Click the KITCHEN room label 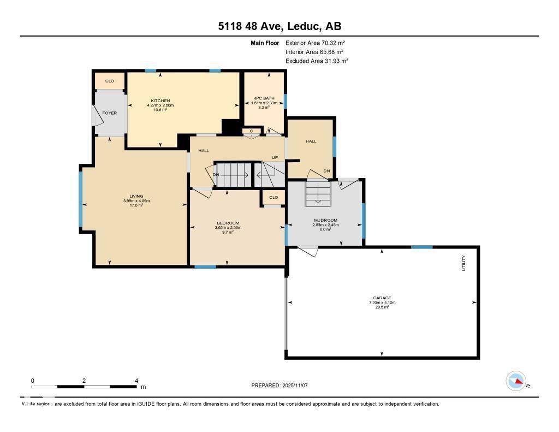pos(160,101)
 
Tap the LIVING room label pos(136,196)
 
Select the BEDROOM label pos(228,223)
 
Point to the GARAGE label pos(382,298)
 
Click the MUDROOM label pos(325,220)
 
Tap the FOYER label pos(110,113)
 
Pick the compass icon pos(516,381)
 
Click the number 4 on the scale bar pos(136,381)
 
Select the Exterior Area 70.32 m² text pos(315,43)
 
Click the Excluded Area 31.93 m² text pos(317,61)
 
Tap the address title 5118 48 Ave pos(250,26)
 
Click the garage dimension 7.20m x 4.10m pos(382,303)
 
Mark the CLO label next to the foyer pos(110,81)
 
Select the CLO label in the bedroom pos(273,198)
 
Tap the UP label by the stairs pos(275,158)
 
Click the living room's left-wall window pos(81,199)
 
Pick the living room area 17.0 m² pos(136,205)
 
